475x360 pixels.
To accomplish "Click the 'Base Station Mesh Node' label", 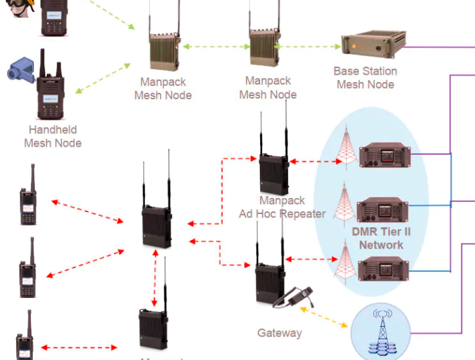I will click(x=365, y=78).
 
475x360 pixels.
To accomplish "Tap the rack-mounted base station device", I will click(x=373, y=46).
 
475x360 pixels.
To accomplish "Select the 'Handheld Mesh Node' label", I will click(x=53, y=136).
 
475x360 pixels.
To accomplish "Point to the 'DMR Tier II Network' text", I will click(x=381, y=238).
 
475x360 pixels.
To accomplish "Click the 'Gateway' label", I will click(x=280, y=333).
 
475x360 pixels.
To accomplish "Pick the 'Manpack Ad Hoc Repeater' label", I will click(x=282, y=207).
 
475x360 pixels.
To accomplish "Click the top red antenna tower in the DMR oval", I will click(x=345, y=147).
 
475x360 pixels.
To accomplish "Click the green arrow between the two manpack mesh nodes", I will click(x=215, y=47).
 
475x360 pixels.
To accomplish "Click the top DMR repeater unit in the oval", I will click(x=382, y=155).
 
